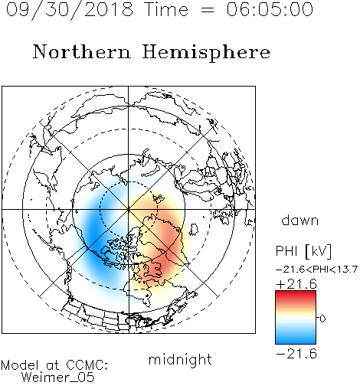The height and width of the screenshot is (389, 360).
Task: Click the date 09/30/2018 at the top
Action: tap(70, 9)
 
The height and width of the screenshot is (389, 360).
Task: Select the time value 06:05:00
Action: tap(270, 9)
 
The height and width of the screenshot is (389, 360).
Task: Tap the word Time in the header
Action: tap(166, 9)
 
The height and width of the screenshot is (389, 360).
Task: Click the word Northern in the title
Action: tap(82, 51)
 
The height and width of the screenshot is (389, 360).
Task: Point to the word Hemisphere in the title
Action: tap(206, 53)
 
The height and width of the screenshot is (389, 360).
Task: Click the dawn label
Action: tap(300, 220)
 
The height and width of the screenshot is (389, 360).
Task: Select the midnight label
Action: tap(180, 359)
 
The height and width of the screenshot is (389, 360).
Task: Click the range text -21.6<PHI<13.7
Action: tap(316, 270)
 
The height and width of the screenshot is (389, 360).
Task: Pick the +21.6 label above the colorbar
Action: tap(296, 284)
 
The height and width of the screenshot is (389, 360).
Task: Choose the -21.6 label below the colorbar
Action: tap(296, 354)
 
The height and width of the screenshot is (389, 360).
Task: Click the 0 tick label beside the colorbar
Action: tap(322, 319)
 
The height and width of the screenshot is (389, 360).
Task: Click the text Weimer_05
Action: tap(58, 378)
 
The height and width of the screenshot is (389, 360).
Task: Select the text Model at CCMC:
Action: tap(54, 365)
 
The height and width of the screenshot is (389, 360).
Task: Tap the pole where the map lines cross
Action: tap(129, 209)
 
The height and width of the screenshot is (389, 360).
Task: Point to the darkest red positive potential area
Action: tap(163, 266)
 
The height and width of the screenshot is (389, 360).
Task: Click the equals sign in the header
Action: tap(208, 10)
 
